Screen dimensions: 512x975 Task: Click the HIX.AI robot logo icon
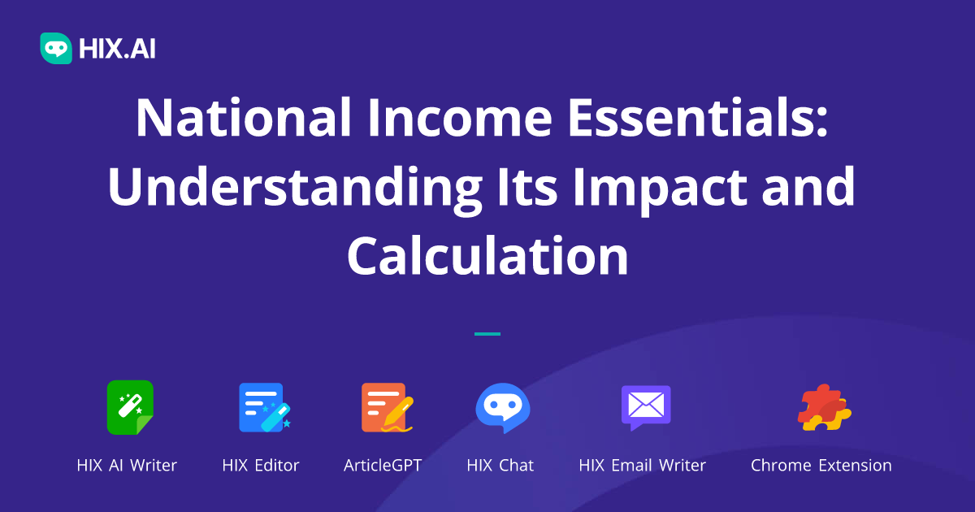pos(56,49)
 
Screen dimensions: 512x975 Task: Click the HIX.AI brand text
pos(117,50)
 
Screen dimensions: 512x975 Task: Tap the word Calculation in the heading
pos(487,256)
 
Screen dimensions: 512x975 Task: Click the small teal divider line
pos(487,333)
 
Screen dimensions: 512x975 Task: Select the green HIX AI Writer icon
pos(129,407)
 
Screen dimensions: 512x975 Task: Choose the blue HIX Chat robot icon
pos(502,407)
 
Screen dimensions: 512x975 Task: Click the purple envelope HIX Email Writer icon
pos(646,406)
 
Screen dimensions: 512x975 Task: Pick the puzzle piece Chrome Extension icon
pos(823,407)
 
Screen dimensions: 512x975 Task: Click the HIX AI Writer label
pos(127,466)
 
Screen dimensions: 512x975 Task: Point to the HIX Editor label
pos(261,466)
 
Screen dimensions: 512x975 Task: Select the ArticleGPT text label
pos(383,466)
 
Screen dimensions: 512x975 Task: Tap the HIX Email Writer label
pos(642,466)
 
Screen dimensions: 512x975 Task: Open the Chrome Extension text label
pos(821,466)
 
